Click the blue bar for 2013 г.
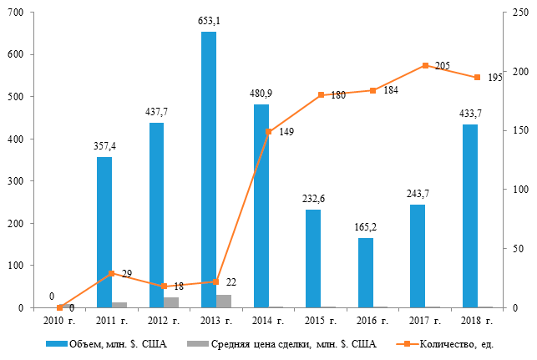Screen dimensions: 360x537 [209, 170]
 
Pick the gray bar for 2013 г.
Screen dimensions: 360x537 [224, 302]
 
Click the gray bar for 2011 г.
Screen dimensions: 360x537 [119, 305]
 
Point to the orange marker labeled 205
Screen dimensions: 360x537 [425, 66]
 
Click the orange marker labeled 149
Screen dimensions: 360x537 [268, 132]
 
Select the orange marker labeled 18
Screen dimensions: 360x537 [165, 286]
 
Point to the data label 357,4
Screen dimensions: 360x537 [104, 147]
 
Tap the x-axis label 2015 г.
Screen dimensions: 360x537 [321, 320]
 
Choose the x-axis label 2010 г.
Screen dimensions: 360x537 [60, 320]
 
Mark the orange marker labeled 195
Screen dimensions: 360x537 [477, 78]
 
